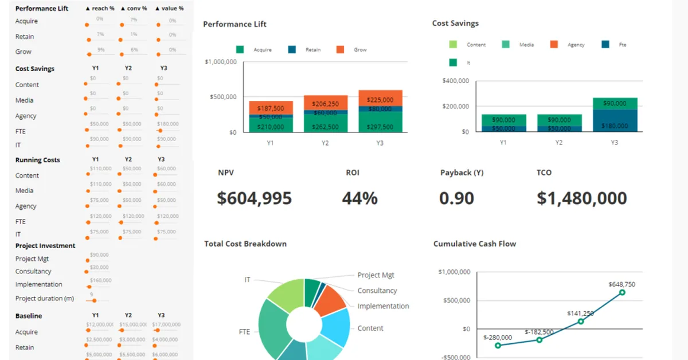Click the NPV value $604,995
(x=254, y=198)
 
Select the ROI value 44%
(x=359, y=198)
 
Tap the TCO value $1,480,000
(x=581, y=198)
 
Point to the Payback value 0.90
(x=456, y=198)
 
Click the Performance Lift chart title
(x=234, y=24)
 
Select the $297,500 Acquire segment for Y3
(x=380, y=127)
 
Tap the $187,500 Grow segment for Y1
(x=271, y=108)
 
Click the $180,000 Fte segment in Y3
(x=615, y=126)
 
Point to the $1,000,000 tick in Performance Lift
(x=220, y=62)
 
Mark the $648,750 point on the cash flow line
(x=621, y=292)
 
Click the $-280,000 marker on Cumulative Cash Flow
(x=498, y=345)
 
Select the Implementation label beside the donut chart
(x=383, y=306)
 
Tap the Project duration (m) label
(x=44, y=299)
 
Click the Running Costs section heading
(x=37, y=160)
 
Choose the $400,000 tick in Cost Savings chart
(x=456, y=81)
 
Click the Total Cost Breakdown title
(x=245, y=244)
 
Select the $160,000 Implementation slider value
(x=100, y=280)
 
